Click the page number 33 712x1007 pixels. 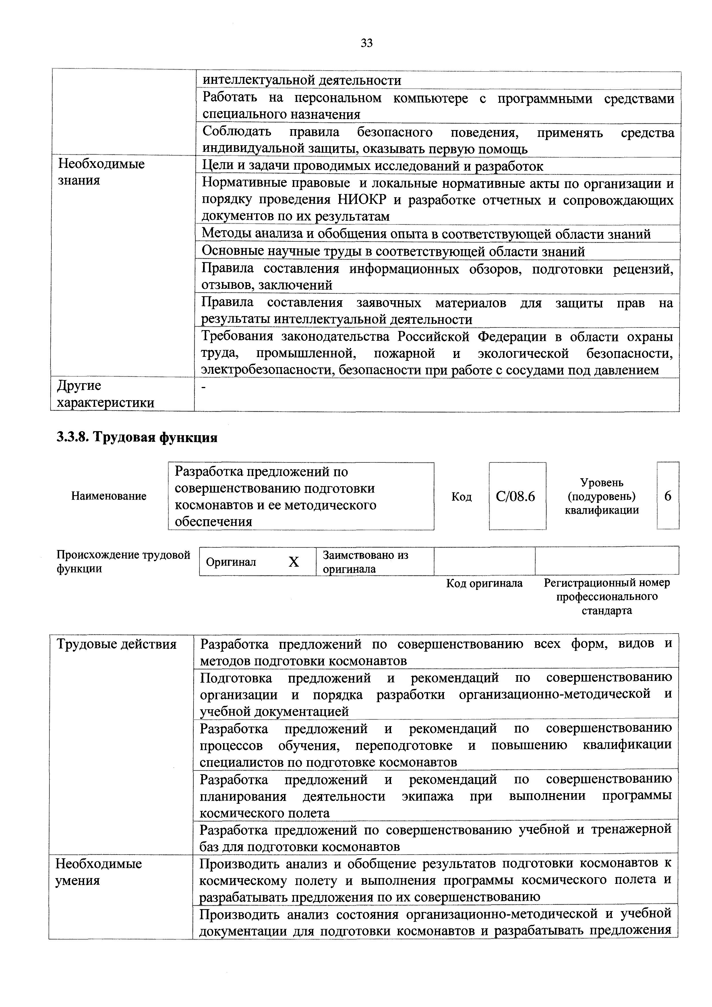[x=366, y=43]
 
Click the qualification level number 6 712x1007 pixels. [x=668, y=496]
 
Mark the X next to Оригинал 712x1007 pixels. [x=293, y=562]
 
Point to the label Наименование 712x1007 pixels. [x=109, y=496]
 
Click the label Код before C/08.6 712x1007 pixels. [x=461, y=497]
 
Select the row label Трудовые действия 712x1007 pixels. [x=116, y=644]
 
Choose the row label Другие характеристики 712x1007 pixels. [x=106, y=394]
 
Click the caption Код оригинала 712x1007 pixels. [x=484, y=583]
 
